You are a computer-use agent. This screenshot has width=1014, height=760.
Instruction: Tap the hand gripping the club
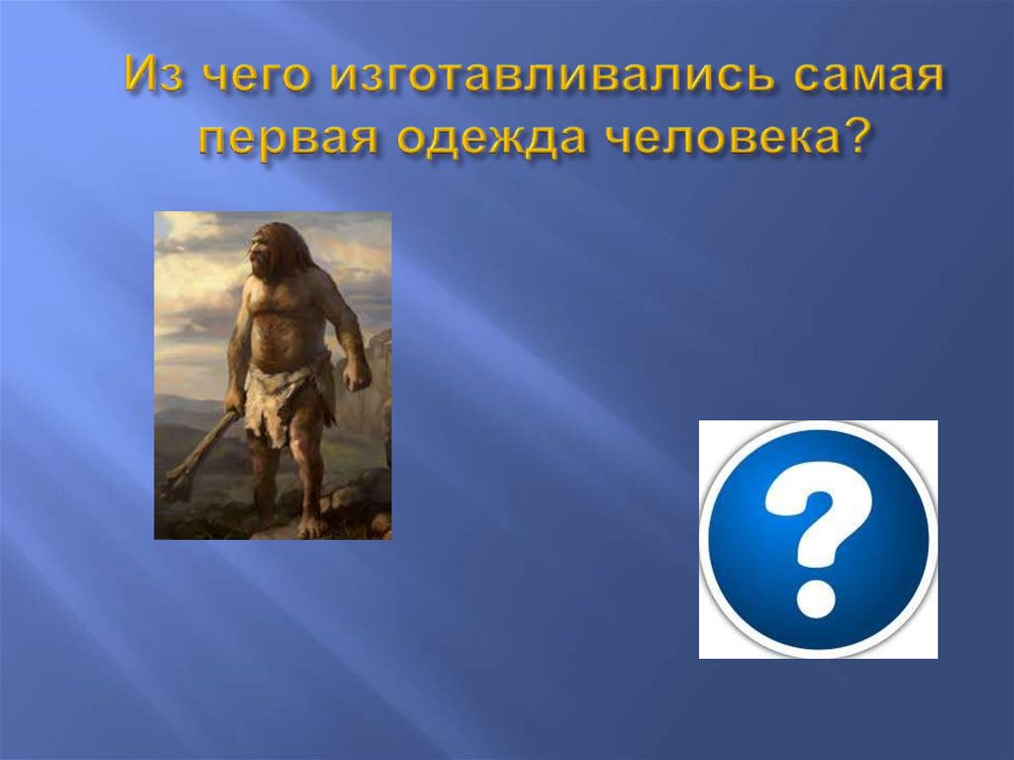pyautogui.click(x=234, y=401)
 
